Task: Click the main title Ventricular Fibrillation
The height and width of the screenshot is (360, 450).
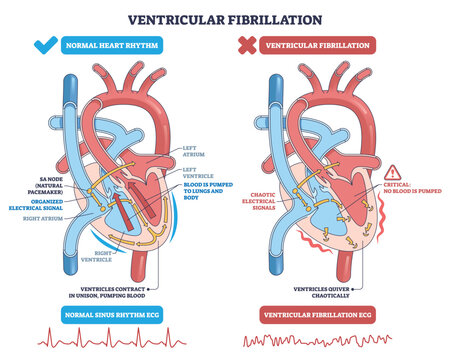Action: point(225,18)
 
